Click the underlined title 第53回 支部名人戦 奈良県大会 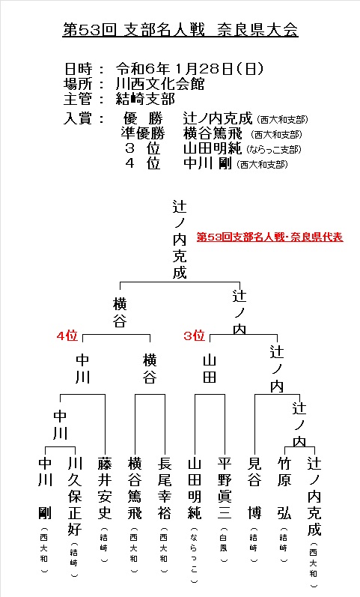pyautogui.click(x=180, y=30)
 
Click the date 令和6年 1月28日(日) pyautogui.click(x=189, y=69)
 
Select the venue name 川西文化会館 pyautogui.click(x=160, y=84)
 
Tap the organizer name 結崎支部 pyautogui.click(x=145, y=99)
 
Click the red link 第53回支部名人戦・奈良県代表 pyautogui.click(x=269, y=237)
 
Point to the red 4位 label pyautogui.click(x=67, y=336)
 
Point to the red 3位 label pyautogui.click(x=195, y=336)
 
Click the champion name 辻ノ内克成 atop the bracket pyautogui.click(x=180, y=240)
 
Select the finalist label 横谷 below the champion pyautogui.click(x=120, y=313)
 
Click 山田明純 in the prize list pyautogui.click(x=213, y=148)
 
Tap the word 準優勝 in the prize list pyautogui.click(x=143, y=133)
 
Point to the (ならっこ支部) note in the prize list pyautogui.click(x=274, y=149)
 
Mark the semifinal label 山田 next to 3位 pyautogui.click(x=210, y=369)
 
